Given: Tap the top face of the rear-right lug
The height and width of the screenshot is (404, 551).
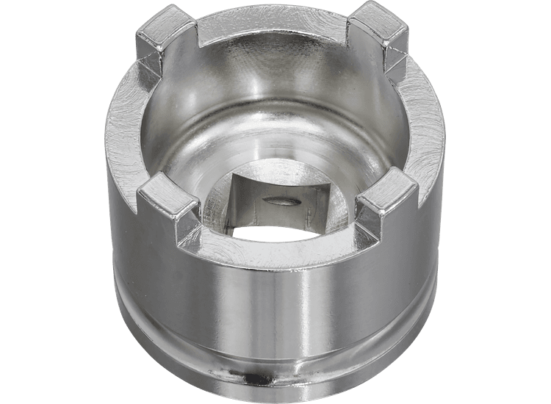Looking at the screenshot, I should [x=375, y=22].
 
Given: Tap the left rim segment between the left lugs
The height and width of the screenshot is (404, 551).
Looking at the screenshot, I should [x=126, y=125].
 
